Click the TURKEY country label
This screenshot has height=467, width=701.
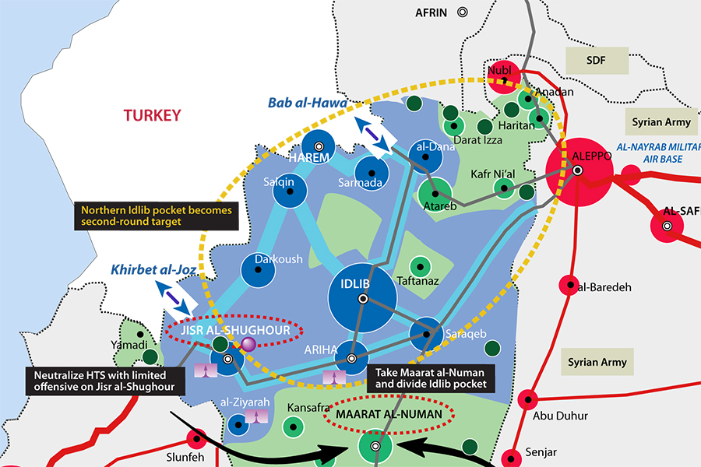tap(152, 115)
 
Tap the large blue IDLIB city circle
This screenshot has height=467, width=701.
tap(362, 299)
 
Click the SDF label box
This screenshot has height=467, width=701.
tap(597, 60)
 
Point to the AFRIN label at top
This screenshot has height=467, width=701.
tap(432, 12)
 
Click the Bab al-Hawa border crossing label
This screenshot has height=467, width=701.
tap(307, 103)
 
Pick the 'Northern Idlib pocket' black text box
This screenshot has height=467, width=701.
tap(155, 216)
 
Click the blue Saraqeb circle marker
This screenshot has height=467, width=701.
tap(427, 334)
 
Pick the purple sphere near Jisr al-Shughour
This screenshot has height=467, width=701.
tap(248, 343)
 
